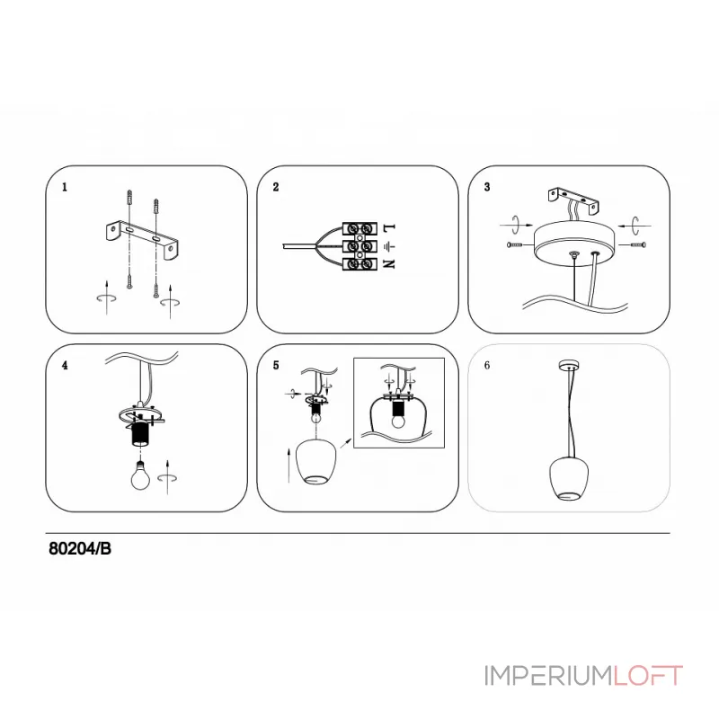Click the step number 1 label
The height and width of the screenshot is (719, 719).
[x=65, y=187]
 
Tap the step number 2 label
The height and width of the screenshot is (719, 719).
[x=276, y=187]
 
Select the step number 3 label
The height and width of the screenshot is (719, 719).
[x=487, y=187]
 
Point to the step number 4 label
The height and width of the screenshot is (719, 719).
[x=65, y=366]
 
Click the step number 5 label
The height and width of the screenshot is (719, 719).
[x=276, y=366]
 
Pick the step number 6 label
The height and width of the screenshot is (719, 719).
[x=487, y=366]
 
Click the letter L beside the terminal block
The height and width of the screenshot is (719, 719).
[x=389, y=227]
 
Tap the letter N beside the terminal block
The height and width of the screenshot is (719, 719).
[x=389, y=264]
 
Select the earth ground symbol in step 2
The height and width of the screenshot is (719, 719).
[x=389, y=247]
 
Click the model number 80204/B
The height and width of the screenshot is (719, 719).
[x=80, y=549]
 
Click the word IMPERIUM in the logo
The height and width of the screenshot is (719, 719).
[x=548, y=676]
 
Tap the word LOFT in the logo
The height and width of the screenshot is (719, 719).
[x=648, y=676]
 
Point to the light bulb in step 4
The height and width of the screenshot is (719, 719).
[x=140, y=476]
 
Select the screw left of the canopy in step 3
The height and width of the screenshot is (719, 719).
[x=515, y=244]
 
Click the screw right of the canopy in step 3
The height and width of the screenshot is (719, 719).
[x=638, y=244]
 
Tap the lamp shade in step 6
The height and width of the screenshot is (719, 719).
[x=569, y=478]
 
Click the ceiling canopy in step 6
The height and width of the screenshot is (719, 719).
[x=569, y=366]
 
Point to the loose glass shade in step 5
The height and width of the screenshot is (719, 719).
[x=316, y=461]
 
